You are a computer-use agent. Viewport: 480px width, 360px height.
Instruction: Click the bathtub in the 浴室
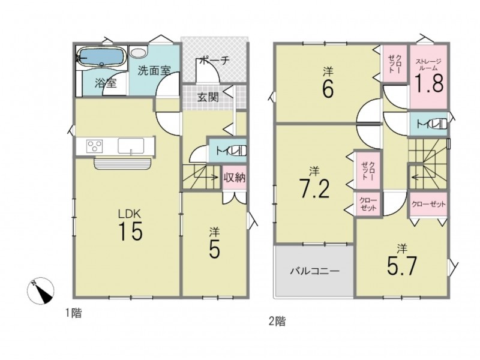[x=101, y=58]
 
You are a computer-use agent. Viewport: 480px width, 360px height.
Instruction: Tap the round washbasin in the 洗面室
[x=139, y=52]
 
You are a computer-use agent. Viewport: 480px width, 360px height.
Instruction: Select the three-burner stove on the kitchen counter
[x=95, y=145]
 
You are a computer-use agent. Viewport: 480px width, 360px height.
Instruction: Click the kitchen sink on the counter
[x=131, y=145]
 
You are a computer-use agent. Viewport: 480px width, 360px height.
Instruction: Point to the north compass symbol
[x=41, y=290]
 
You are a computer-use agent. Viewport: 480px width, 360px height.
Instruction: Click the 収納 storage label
[x=235, y=177]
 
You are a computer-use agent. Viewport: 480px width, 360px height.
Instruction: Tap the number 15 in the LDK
[x=130, y=231]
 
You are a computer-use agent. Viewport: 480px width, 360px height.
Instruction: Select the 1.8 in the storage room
[x=429, y=83]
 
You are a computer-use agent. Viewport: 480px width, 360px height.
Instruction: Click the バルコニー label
[x=315, y=271]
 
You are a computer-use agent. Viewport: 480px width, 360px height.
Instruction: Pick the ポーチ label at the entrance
[x=214, y=61]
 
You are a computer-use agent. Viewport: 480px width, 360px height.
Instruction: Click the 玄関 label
[x=208, y=97]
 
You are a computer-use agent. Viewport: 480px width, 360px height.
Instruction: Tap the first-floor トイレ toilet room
[x=227, y=151]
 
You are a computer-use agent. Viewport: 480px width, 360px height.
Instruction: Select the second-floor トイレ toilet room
[x=428, y=124]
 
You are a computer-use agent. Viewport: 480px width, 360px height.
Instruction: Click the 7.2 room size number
[x=314, y=189]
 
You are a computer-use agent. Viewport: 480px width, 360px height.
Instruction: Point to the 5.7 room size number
[x=401, y=266]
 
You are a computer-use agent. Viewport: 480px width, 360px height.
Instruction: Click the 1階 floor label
[x=74, y=313]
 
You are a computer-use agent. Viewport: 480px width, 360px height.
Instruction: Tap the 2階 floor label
[x=277, y=322]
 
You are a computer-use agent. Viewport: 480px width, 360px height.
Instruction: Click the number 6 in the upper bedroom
[x=328, y=88]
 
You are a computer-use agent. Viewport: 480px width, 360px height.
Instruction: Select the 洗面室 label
[x=154, y=71]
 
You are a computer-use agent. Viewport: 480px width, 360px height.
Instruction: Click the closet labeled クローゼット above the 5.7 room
[x=428, y=204]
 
